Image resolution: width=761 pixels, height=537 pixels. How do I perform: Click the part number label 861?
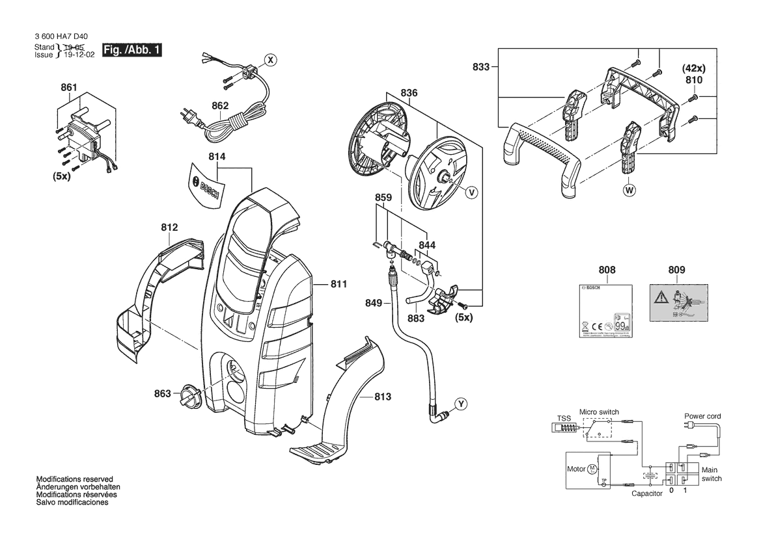(69, 88)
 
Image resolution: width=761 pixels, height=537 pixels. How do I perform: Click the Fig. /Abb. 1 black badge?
(132, 51)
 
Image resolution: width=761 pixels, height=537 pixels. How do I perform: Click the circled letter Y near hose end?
(460, 404)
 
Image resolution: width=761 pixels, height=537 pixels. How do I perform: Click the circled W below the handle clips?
(629, 191)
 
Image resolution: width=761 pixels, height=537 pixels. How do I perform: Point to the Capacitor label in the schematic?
(647, 494)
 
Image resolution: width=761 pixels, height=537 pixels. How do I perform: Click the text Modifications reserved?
(75, 478)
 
